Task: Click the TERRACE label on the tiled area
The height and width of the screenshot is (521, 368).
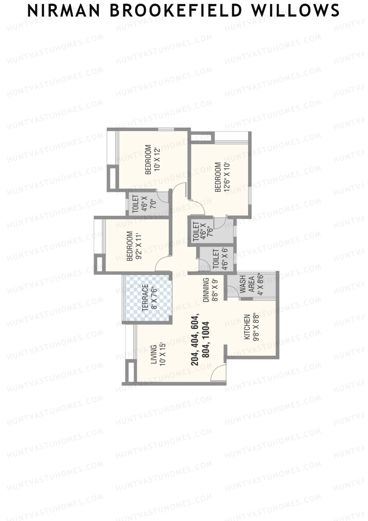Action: (x=145, y=297)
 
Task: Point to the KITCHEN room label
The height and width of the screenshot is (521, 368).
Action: (x=247, y=327)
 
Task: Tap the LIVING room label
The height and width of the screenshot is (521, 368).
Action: (x=154, y=355)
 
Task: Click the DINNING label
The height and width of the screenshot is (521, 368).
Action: (x=206, y=290)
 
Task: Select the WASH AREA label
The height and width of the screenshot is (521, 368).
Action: (x=247, y=284)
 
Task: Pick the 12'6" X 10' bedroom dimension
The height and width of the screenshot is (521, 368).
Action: (x=227, y=177)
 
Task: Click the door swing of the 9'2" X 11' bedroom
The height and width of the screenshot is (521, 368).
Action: (x=163, y=264)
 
